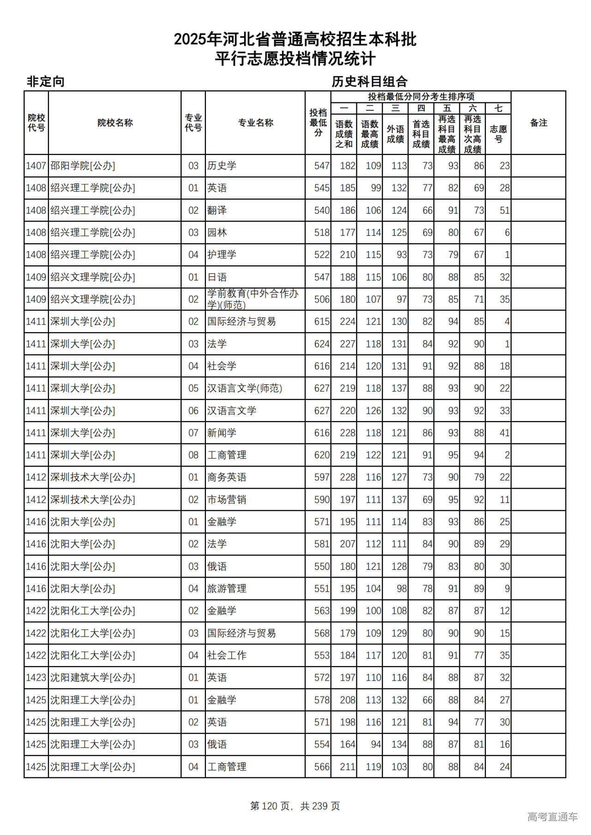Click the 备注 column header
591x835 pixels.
(538, 123)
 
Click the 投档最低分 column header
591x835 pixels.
(318, 123)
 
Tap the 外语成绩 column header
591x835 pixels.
(395, 134)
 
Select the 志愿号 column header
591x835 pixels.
(498, 134)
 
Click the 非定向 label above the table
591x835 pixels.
(45, 82)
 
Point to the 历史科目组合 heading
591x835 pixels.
(369, 82)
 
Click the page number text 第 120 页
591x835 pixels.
(271, 806)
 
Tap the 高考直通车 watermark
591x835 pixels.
(552, 817)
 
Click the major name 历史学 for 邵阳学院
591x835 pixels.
(222, 166)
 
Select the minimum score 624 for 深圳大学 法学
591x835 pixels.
(322, 344)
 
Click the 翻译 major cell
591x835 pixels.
(217, 210)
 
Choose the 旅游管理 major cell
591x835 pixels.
(227, 589)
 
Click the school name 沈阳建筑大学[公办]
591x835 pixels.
(92, 678)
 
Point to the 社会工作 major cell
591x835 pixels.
(227, 656)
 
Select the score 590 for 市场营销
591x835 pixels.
(322, 500)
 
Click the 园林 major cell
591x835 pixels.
(217, 233)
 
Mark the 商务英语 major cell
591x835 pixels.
(227, 477)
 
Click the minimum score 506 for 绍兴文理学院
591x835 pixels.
(322, 299)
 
